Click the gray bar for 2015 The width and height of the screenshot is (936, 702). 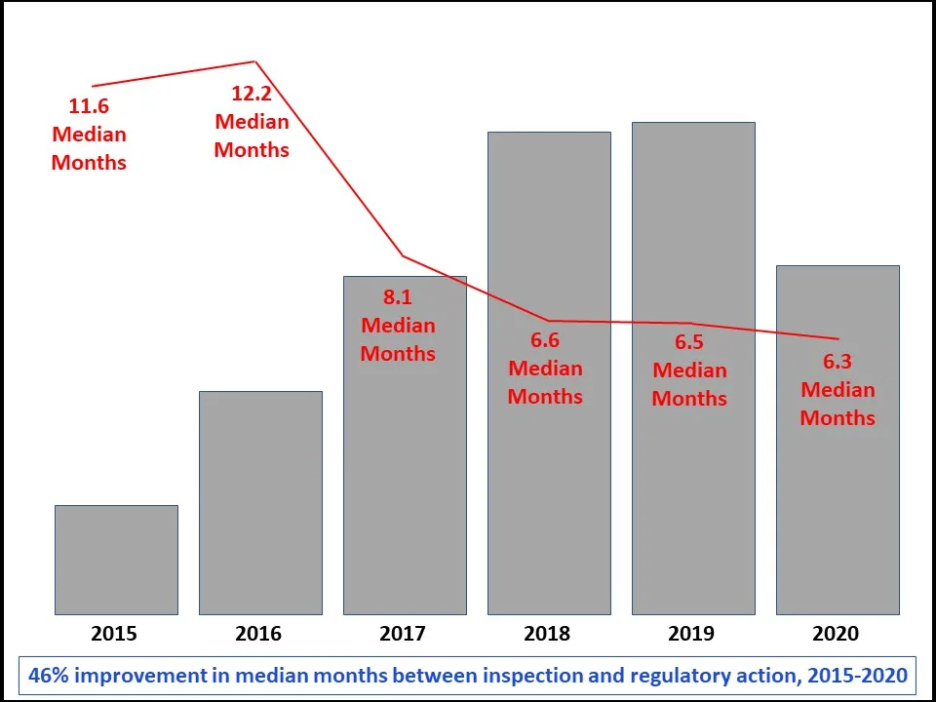pos(116,560)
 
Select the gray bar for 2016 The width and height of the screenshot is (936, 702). pos(260,502)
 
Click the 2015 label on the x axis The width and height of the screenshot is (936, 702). pos(114,634)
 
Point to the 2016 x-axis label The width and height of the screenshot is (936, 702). pos(258,634)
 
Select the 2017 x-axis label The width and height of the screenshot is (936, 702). pos(403,634)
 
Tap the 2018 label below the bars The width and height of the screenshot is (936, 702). pos(547,634)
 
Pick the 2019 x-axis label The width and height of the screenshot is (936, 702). pos(691,634)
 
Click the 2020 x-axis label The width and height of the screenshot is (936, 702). pos(836,634)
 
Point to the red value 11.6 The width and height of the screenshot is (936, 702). pos(88,105)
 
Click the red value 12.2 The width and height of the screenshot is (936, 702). pos(252,94)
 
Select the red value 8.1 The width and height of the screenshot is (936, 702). pos(398,297)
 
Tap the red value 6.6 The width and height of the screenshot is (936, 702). pos(545,340)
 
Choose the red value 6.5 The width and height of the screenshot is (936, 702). pos(689,342)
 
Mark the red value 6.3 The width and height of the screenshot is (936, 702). pos(838,362)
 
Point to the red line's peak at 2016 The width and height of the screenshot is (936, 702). pos(255,62)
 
